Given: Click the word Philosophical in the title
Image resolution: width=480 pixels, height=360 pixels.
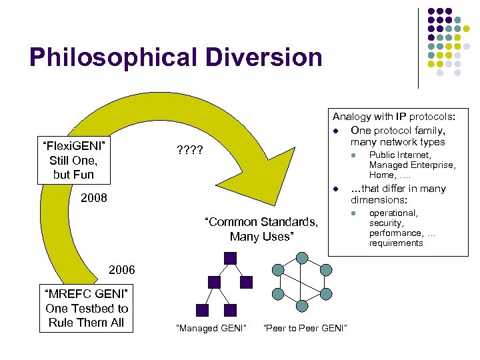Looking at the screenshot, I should (113, 57).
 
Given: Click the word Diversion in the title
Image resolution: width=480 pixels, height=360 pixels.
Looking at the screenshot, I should (263, 57).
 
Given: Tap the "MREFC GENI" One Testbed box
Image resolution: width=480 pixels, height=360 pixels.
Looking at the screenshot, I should (86, 309).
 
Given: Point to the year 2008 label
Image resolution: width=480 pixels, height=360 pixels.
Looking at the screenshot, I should (94, 198).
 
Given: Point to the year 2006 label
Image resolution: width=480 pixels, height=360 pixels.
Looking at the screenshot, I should (121, 270).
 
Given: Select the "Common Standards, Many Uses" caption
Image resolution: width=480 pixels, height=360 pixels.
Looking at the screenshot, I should (261, 229).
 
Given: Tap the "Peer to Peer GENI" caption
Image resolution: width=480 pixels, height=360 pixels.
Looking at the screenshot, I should (305, 328).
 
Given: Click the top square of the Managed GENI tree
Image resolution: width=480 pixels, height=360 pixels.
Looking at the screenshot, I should (230, 258).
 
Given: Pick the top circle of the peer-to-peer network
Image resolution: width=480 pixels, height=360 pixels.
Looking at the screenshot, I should (302, 257).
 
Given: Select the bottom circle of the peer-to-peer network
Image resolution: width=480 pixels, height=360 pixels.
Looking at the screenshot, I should (302, 305).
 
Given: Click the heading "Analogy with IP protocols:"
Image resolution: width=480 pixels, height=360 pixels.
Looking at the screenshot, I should (398, 117).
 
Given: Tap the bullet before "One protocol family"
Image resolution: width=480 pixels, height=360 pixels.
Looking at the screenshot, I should (338, 131).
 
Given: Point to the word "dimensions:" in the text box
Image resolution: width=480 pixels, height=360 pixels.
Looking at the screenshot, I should (379, 200).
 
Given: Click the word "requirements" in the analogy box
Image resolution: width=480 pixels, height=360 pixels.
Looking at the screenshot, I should (396, 243).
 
